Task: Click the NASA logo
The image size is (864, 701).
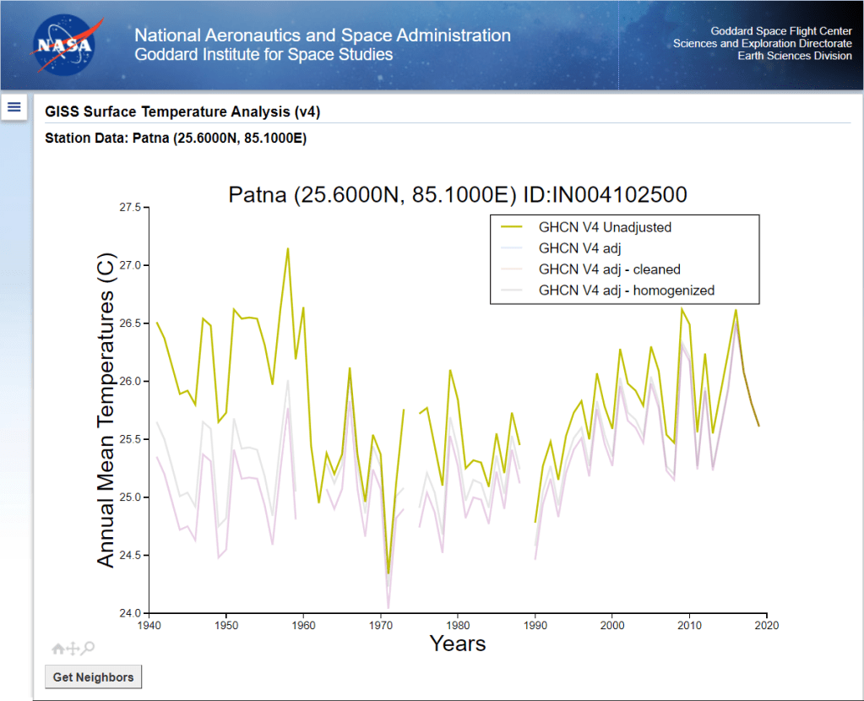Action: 66,45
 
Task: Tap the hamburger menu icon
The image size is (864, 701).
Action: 14,106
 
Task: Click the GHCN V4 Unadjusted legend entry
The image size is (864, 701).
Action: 605,227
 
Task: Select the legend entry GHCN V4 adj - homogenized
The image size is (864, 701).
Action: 626,291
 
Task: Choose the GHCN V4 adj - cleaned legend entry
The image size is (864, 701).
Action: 609,269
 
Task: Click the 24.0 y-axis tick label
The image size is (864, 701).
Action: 131,613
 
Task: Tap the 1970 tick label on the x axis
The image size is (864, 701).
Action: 381,626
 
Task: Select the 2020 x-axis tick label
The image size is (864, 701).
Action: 767,626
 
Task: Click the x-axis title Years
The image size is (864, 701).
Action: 458,644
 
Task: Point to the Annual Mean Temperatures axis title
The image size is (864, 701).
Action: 106,410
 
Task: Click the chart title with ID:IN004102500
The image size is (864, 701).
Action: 458,194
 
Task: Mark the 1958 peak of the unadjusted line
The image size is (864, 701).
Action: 288,248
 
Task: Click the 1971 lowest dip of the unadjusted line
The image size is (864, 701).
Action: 389,573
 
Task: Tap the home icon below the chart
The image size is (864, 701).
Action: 58,649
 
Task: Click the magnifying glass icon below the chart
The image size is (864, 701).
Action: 88,648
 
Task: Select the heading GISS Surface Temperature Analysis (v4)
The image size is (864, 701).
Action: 182,111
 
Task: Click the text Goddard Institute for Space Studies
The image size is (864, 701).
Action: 264,55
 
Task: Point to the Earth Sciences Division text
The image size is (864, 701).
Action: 795,56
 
